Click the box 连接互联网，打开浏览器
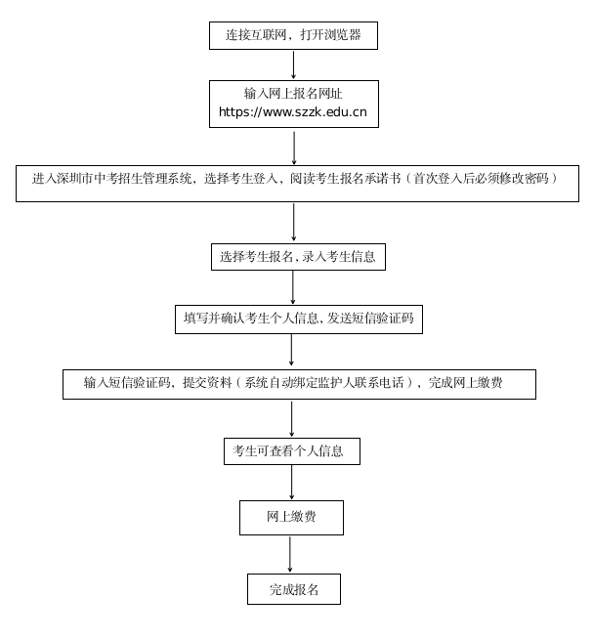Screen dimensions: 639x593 pyautogui.click(x=293, y=35)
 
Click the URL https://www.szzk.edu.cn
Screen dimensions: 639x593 pyautogui.click(x=293, y=112)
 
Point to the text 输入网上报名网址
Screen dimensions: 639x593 pyautogui.click(x=293, y=94)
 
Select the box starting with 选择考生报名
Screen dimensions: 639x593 pyautogui.click(x=298, y=257)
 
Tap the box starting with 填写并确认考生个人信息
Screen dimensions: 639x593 pyautogui.click(x=298, y=319)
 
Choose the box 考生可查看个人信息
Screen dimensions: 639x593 pyautogui.click(x=291, y=451)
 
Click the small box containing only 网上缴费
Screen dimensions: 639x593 pyautogui.click(x=291, y=517)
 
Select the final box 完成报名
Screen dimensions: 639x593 pyautogui.click(x=293, y=590)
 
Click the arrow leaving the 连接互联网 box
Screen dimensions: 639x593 pyautogui.click(x=293, y=64)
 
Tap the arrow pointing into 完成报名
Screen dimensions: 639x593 pyautogui.click(x=290, y=554)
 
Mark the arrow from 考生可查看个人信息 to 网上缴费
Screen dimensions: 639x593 pyautogui.click(x=291, y=482)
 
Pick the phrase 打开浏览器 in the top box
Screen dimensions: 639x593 pyautogui.click(x=331, y=35)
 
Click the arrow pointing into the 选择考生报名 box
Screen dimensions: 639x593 pyautogui.click(x=294, y=222)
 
